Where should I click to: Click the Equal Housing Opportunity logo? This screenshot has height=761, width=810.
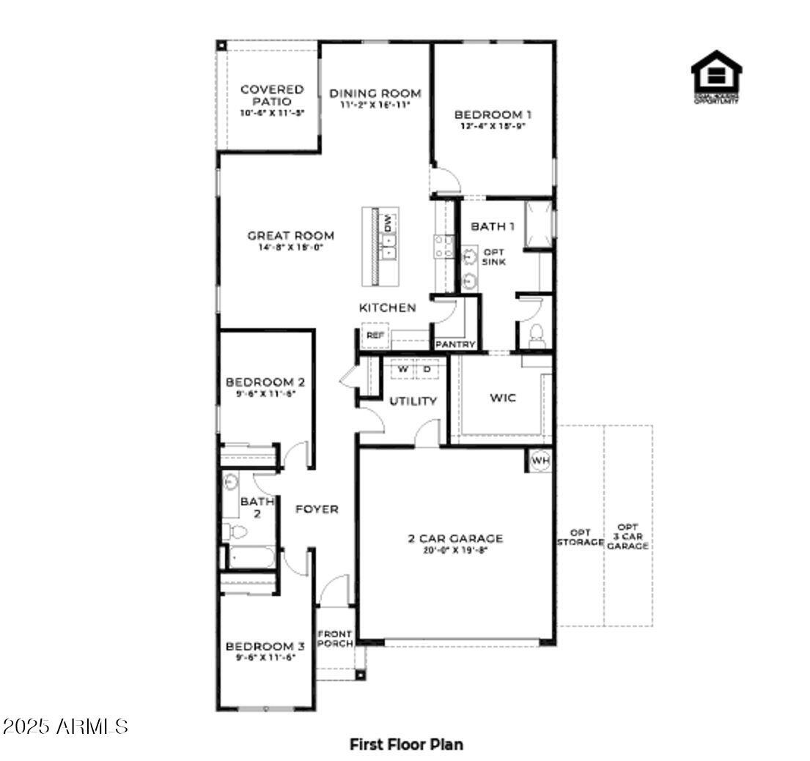tap(715, 75)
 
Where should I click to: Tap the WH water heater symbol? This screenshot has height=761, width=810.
tap(540, 461)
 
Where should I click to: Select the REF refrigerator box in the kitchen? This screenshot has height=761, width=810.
tap(375, 335)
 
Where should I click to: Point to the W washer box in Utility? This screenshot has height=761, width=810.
tap(402, 370)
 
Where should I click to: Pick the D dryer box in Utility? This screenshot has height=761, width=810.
tap(427, 370)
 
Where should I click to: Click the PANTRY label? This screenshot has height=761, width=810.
tap(455, 344)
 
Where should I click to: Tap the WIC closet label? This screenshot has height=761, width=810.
tap(502, 398)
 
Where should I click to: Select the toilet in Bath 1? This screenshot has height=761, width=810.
tap(535, 335)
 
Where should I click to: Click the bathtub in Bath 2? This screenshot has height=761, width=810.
tap(250, 558)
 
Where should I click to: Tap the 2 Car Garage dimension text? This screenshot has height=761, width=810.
tap(455, 550)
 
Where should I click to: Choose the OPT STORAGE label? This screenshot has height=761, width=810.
tap(580, 537)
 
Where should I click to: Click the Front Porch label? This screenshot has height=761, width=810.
tap(334, 638)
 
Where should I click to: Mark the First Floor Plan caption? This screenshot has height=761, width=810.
tap(406, 744)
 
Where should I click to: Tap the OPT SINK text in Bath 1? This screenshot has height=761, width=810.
tap(493, 256)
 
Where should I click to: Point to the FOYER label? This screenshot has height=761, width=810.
tap(317, 509)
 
